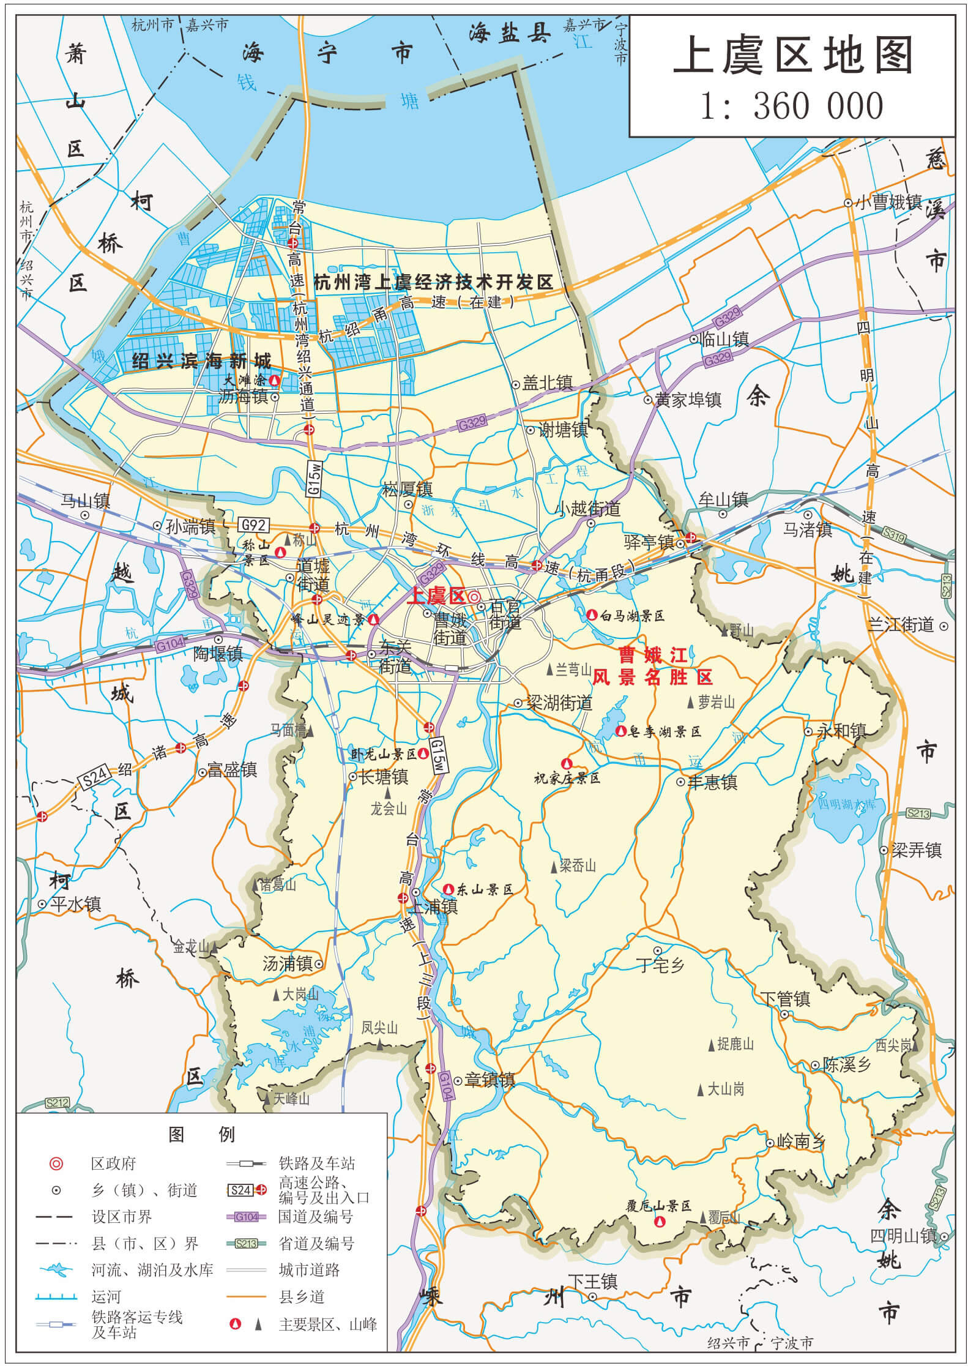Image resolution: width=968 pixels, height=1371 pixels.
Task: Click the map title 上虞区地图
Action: pos(793,55)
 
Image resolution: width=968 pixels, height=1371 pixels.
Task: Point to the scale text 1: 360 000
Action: pos(792,105)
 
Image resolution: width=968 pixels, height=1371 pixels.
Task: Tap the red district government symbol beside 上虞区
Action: pos(474,596)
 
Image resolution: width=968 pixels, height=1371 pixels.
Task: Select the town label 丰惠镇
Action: pos(712,782)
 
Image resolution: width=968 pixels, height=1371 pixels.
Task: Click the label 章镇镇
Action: pos(490,1080)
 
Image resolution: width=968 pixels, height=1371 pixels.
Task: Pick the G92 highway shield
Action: pos(253,525)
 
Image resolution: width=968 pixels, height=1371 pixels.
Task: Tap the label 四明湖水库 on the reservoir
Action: pos(847,804)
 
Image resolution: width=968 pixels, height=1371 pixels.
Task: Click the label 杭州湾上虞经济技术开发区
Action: pos(433,282)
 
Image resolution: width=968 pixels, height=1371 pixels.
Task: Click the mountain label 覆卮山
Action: pos(724,1217)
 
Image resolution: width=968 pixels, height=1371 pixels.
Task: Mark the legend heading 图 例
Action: pos(201,1134)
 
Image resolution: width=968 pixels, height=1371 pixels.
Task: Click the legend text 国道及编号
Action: pos(315,1216)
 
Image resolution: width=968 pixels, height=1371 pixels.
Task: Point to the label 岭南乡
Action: pos(801,1141)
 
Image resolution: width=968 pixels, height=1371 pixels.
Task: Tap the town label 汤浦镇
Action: pos(287,964)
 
